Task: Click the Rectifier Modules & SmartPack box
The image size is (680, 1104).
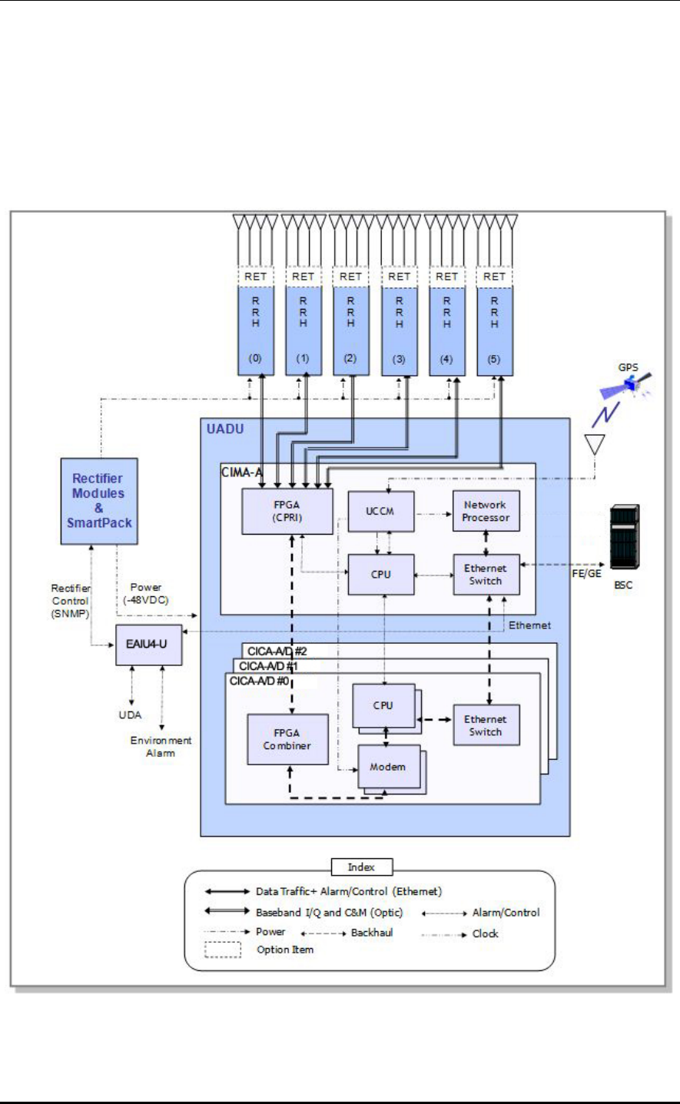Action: click(x=99, y=501)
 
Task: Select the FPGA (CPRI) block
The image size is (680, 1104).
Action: click(x=287, y=511)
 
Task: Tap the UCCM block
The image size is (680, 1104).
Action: click(x=380, y=511)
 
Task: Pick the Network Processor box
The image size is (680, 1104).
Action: click(x=486, y=511)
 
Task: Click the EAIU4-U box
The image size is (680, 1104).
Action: click(x=148, y=644)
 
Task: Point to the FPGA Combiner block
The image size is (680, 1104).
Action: click(x=287, y=739)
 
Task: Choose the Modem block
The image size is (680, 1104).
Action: click(x=387, y=767)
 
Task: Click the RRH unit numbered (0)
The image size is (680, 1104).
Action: click(x=256, y=330)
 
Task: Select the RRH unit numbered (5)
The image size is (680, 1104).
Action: click(x=494, y=330)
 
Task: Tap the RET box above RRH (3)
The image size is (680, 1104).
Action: click(x=399, y=277)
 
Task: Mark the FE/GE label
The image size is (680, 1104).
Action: click(x=586, y=574)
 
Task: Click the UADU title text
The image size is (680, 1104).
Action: click(x=225, y=429)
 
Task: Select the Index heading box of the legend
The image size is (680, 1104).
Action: click(x=361, y=867)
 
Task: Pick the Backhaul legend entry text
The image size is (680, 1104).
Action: click(x=372, y=933)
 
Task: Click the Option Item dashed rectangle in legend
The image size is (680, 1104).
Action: click(x=223, y=950)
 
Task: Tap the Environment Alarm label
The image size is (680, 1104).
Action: click(x=161, y=747)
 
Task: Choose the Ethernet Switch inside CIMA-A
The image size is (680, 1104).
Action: click(x=486, y=575)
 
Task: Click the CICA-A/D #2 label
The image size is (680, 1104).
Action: click(x=277, y=651)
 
